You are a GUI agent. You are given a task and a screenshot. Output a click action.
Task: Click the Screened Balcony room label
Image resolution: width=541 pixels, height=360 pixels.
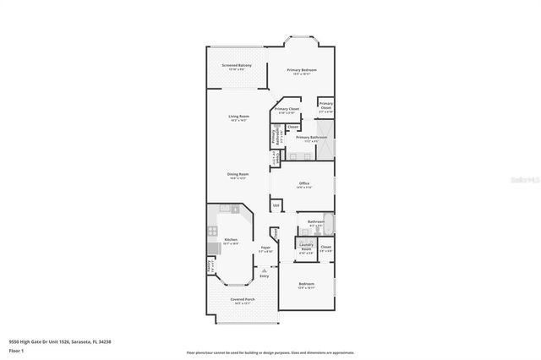237,66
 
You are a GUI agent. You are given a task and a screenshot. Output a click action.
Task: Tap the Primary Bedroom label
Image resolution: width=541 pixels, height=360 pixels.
302,70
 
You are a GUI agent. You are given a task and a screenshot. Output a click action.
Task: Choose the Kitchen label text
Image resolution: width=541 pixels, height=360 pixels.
230,240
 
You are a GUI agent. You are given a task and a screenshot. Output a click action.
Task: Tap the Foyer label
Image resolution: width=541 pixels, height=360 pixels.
265,248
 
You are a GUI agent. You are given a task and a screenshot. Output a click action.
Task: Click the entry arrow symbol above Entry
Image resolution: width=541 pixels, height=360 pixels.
264,270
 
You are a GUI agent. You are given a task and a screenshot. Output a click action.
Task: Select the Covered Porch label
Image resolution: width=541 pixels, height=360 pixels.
237,300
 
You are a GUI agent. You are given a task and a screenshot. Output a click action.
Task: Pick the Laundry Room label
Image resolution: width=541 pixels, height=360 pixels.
306,248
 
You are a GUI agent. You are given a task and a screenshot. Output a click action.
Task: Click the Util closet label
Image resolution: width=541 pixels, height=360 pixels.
276,205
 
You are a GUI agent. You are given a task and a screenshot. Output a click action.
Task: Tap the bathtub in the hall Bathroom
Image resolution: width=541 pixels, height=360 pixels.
330,224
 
